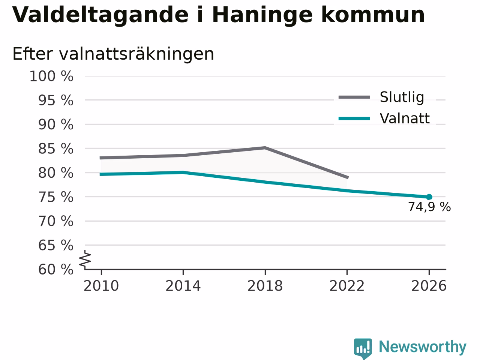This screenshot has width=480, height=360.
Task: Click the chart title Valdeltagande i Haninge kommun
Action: [218, 15]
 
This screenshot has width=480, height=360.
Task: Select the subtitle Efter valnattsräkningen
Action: [113, 54]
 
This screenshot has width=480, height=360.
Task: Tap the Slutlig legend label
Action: [402, 97]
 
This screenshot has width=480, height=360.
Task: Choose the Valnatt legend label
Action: [405, 118]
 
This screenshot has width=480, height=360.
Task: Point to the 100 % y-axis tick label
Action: [51, 76]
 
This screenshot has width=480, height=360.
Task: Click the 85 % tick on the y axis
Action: [56, 149]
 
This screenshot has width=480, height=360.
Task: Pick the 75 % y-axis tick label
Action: [56, 197]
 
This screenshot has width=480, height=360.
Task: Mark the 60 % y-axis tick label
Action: [56, 270]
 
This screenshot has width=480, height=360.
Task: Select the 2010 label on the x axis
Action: [101, 286]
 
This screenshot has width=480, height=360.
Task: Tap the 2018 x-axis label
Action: [265, 286]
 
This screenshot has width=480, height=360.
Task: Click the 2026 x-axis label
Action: [429, 286]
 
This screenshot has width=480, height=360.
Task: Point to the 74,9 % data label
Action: [429, 207]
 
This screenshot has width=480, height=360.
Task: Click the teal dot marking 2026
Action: [429, 197]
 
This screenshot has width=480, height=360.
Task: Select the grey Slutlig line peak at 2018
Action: [265, 148]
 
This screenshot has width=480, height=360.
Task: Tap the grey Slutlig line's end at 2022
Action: [348, 177]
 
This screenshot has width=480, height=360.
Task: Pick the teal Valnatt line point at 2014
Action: [183, 172]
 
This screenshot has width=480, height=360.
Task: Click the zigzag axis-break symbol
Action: [85, 259]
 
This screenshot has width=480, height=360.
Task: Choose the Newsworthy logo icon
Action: [363, 348]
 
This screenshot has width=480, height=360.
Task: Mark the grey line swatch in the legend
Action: [354, 97]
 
